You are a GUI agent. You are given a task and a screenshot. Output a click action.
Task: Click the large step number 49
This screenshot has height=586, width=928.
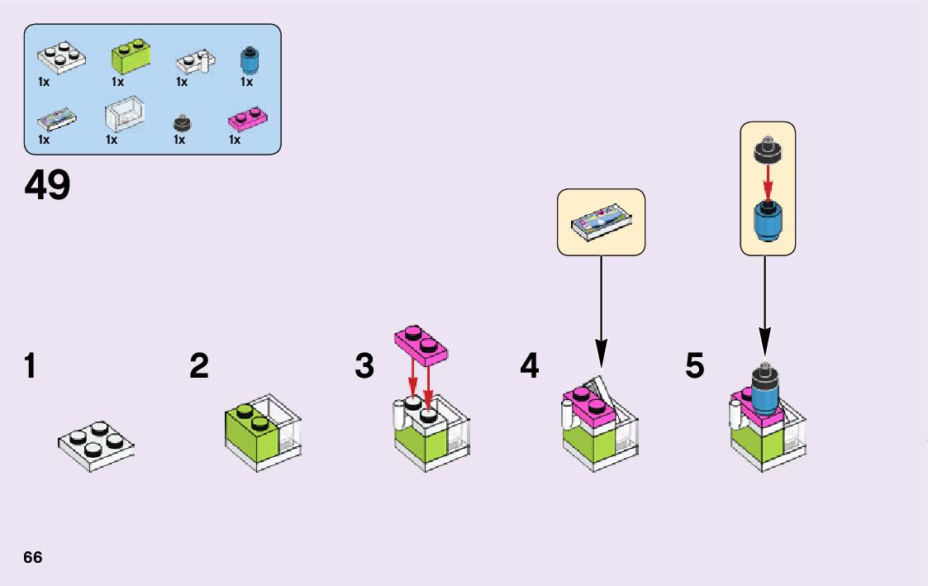[48, 186]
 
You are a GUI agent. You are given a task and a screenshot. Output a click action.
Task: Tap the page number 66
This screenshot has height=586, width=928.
[33, 556]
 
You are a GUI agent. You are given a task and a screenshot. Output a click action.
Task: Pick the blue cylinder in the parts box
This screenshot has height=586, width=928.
[246, 59]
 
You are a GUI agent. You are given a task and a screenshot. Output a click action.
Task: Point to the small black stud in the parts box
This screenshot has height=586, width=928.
[182, 123]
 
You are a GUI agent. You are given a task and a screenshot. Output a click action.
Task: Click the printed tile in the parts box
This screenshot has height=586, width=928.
[57, 121]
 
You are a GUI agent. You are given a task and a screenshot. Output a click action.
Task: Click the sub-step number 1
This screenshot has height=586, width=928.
[31, 366]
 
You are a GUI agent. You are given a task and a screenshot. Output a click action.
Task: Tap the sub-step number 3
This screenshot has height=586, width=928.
[364, 366]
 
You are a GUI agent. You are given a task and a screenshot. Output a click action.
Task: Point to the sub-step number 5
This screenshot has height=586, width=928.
[695, 366]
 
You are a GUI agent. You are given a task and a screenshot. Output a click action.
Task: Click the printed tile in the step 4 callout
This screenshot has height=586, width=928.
[601, 222]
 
